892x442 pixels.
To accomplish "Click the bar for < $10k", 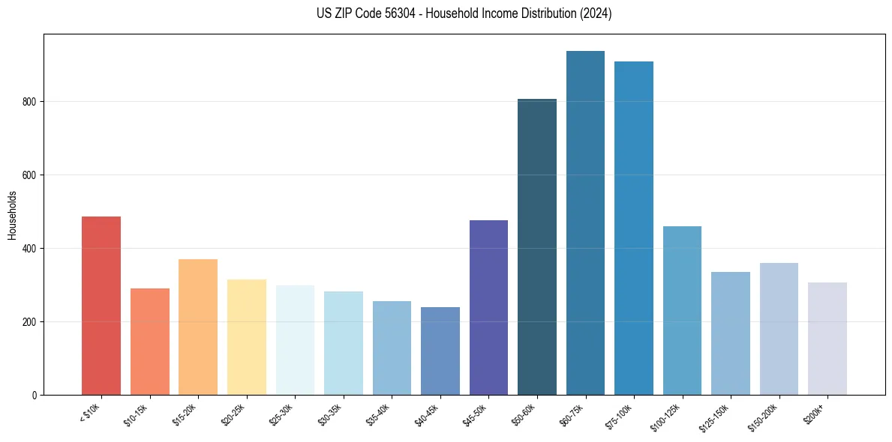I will click(x=101, y=306).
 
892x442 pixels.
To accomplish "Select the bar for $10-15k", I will click(x=149, y=342).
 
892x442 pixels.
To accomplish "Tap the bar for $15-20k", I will click(x=198, y=327).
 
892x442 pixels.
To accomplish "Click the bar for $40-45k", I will click(x=440, y=351).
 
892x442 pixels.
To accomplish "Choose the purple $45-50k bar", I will click(x=488, y=307).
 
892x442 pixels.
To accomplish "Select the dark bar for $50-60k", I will click(x=537, y=247).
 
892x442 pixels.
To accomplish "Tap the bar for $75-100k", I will click(x=634, y=228).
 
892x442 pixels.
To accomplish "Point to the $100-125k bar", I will click(x=682, y=310).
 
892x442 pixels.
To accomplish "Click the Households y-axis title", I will click(x=12, y=215).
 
